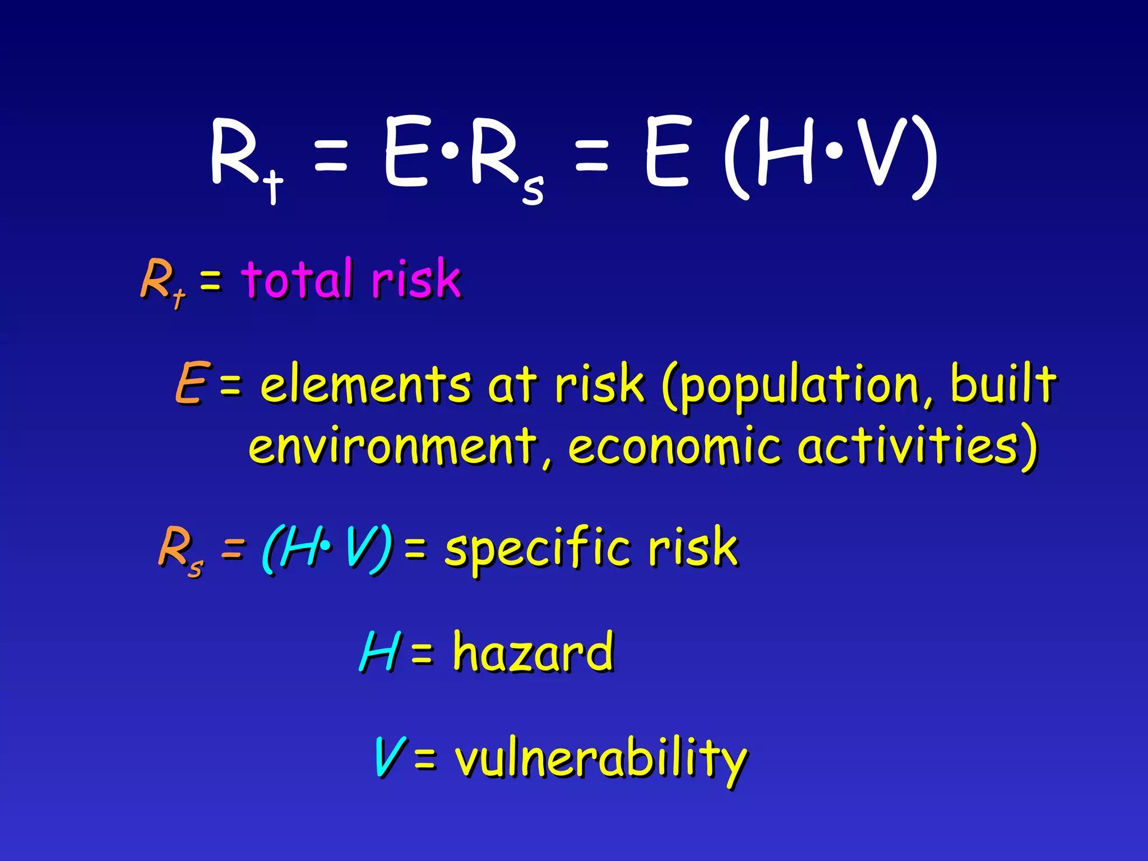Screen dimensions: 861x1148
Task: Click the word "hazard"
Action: (533, 651)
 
